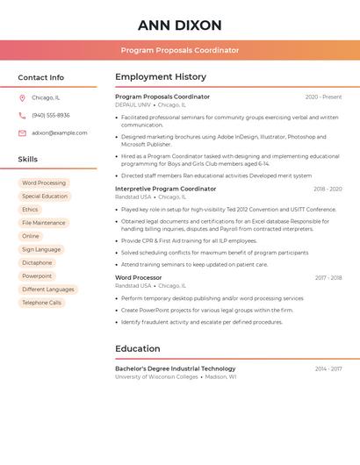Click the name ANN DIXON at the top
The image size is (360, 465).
(179, 25)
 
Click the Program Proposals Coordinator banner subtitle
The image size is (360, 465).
(179, 50)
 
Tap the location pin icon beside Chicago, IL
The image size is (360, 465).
(22, 97)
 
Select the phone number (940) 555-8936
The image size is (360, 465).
(51, 115)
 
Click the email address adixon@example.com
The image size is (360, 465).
(60, 132)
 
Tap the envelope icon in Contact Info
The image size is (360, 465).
(22, 132)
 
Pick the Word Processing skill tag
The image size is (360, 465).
(44, 182)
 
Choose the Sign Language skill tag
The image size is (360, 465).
(41, 249)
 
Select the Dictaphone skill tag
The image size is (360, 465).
(37, 262)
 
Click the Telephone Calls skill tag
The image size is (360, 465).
(42, 303)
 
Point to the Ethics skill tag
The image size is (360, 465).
(30, 210)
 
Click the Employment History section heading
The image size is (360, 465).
(161, 77)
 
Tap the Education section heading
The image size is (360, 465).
(138, 348)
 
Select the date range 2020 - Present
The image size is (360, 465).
(323, 97)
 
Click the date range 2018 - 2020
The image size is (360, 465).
(328, 189)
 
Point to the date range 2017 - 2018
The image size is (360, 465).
(328, 277)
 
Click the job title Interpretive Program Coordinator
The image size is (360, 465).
(165, 189)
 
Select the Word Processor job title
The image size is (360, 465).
(139, 277)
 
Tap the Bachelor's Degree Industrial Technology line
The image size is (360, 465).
(175, 368)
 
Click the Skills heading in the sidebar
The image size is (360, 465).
(28, 159)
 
